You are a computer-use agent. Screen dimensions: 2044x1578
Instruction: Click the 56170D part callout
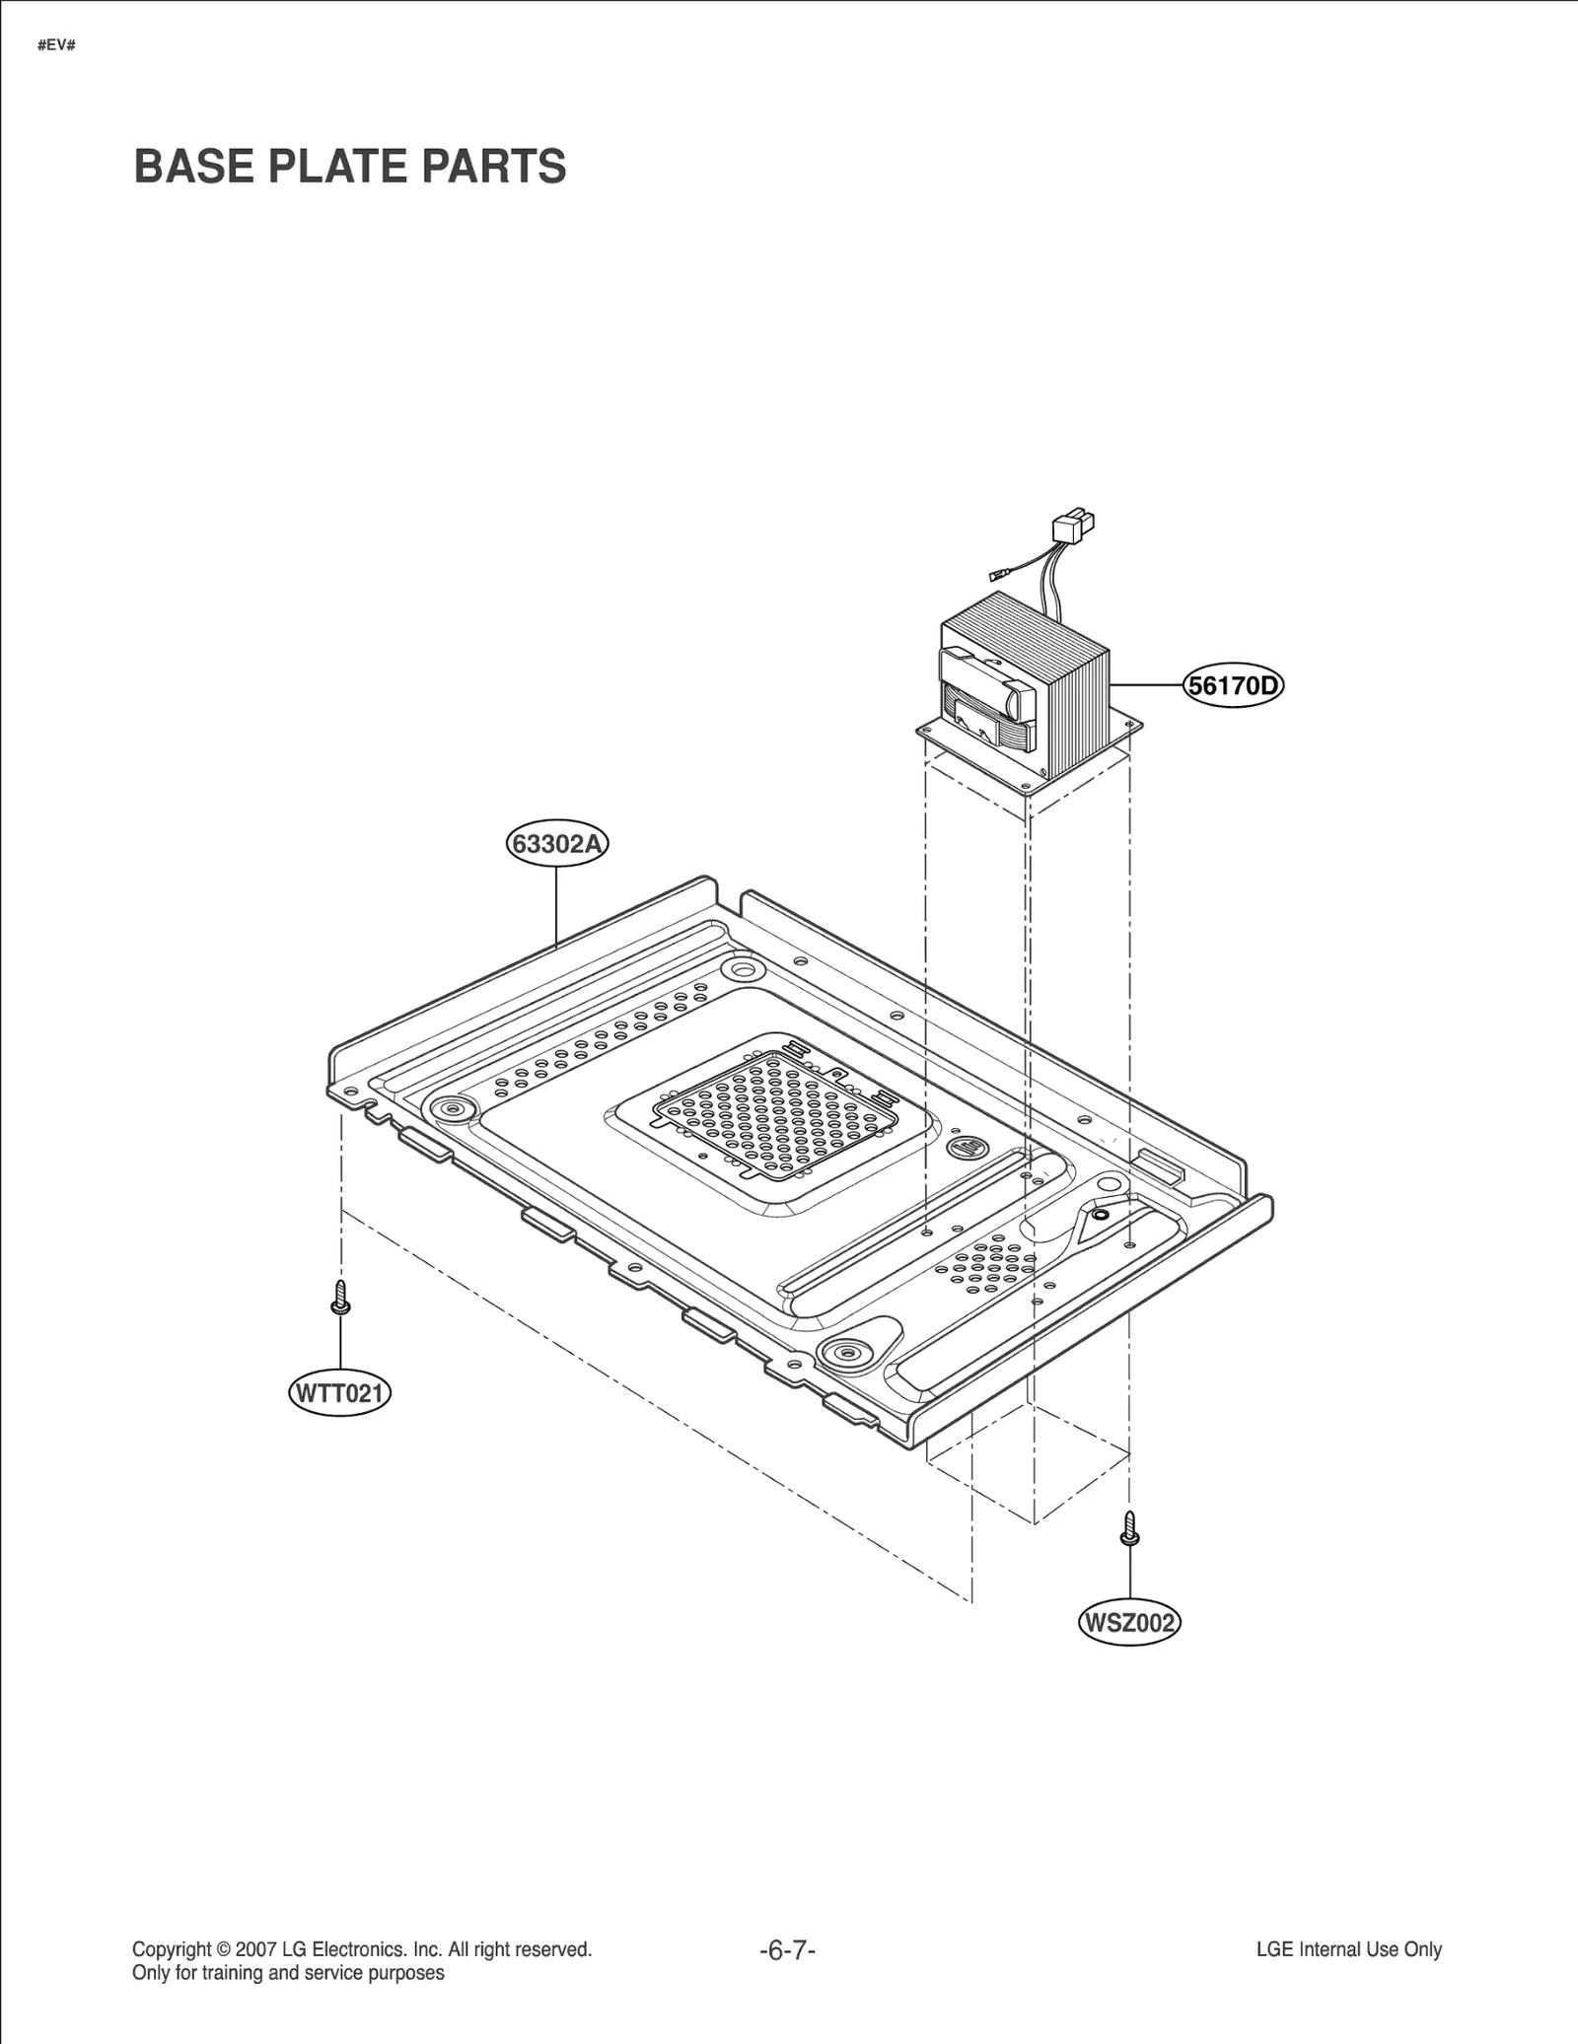click(x=1233, y=685)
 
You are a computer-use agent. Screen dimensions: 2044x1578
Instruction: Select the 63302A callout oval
click(x=557, y=845)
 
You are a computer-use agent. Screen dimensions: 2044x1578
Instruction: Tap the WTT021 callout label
click(x=339, y=1394)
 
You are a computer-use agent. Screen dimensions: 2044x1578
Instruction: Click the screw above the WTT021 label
click(x=340, y=1297)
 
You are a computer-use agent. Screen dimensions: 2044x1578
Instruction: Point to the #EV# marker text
click(x=56, y=46)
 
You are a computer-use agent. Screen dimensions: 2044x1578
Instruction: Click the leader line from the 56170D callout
click(x=1146, y=684)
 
